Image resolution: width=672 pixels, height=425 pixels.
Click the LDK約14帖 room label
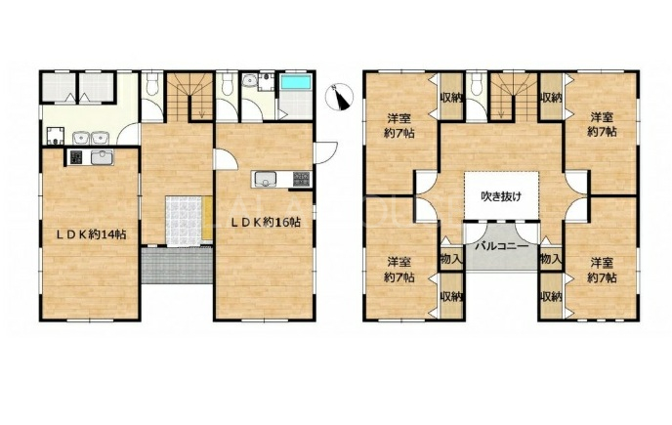point(92,234)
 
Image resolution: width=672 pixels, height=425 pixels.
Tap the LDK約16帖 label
point(266,222)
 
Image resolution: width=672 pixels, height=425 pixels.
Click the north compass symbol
point(340,97)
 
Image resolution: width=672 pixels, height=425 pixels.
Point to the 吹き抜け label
point(501,196)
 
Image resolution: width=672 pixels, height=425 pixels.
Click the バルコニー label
point(501,247)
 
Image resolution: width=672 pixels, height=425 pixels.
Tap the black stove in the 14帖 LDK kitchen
point(75,157)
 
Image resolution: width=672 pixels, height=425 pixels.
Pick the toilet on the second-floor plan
point(475,85)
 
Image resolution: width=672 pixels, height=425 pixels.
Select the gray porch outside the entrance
point(177,266)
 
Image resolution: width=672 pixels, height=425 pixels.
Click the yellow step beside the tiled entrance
point(207,218)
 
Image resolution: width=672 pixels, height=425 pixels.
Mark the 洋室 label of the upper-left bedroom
point(399,117)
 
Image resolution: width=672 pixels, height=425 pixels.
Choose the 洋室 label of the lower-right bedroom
point(602,261)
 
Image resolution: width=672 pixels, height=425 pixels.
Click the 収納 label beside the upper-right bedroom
point(551,98)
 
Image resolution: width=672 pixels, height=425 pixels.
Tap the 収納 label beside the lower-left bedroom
point(451,296)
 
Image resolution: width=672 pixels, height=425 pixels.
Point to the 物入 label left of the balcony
point(451,259)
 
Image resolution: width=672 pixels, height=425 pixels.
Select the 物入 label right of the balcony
point(551,259)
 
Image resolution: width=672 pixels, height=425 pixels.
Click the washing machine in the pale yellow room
point(56,136)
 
